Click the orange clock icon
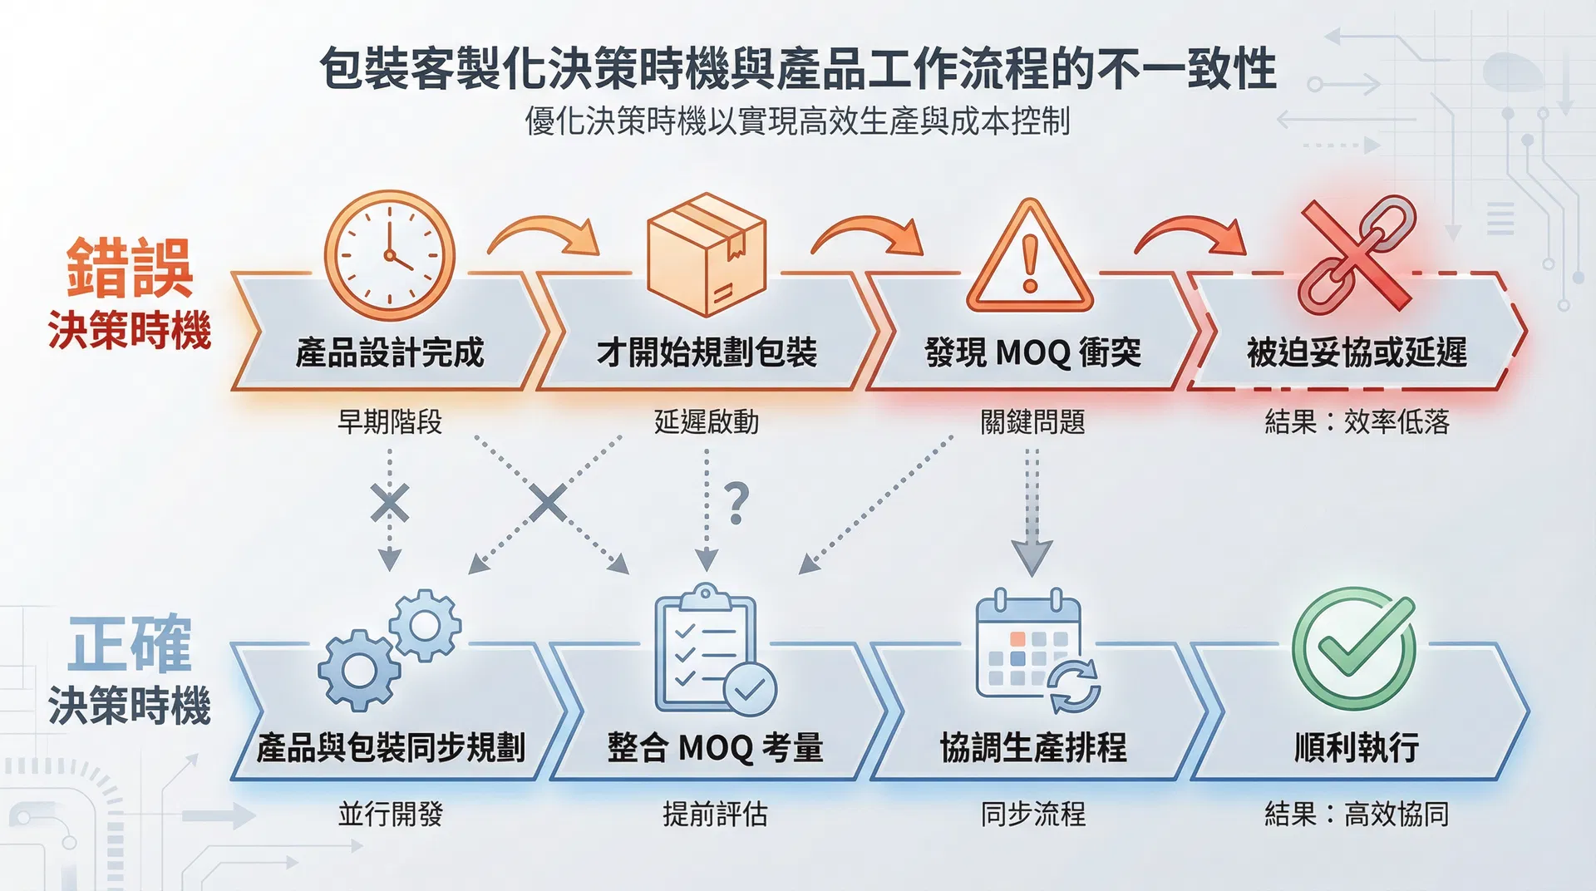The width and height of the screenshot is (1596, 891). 389,255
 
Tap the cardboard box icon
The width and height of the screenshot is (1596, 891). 707,254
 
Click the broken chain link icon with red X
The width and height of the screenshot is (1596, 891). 1356,254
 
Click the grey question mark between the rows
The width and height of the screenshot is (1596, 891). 736,503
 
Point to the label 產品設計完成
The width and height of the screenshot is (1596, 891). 389,352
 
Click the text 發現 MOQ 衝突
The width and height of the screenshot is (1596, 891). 1032,352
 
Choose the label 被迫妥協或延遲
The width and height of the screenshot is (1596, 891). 1356,352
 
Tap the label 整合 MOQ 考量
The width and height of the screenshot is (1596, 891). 714,747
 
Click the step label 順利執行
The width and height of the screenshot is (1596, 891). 1356,747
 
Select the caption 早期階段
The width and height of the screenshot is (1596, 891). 389,422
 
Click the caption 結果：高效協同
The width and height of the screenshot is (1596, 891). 1356,814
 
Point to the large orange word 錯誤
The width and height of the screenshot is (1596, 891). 129,268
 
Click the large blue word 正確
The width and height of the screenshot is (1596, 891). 129,643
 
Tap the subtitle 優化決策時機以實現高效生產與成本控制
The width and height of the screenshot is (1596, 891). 796,121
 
